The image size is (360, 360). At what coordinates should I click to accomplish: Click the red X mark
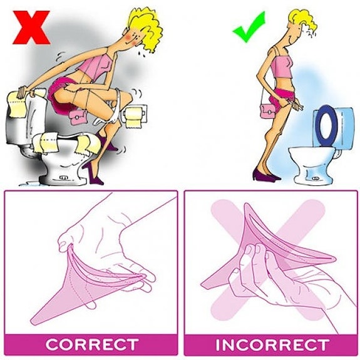(31, 28)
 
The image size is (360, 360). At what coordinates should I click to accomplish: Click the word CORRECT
(92, 344)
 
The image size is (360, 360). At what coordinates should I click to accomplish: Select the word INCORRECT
(272, 344)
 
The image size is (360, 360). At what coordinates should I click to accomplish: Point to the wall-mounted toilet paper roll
(133, 117)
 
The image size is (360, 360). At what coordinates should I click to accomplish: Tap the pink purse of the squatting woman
(78, 117)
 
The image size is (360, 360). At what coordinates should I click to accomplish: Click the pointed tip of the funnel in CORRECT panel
(32, 321)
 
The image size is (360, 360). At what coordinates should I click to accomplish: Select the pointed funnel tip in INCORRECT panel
(202, 285)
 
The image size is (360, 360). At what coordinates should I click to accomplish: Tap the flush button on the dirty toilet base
(63, 178)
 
